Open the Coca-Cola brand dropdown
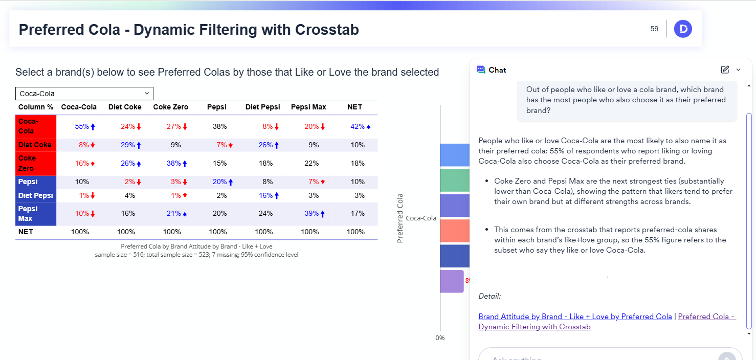84,94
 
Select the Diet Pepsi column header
262,107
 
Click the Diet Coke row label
35,145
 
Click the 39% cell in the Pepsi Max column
313,214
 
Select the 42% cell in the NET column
358,126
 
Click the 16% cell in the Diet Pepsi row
266,195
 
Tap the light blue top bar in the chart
454,155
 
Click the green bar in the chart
454,180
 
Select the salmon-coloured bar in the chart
454,231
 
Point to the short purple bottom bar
451,281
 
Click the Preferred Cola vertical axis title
401,218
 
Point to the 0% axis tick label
440,338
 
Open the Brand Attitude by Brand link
575,317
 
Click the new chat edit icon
725,70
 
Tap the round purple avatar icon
683,29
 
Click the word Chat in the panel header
497,70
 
